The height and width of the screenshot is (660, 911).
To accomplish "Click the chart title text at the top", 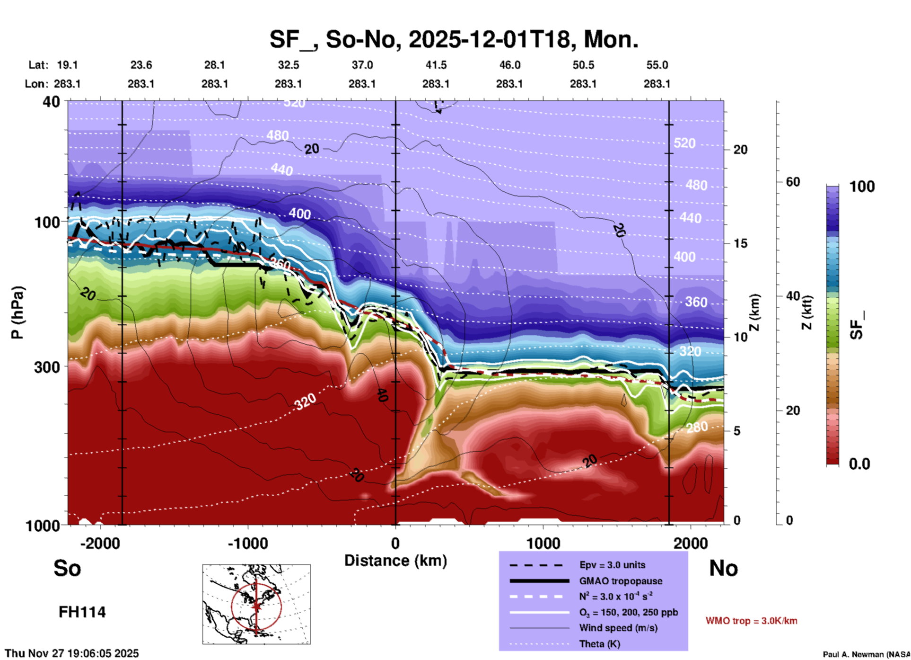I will point(454,39).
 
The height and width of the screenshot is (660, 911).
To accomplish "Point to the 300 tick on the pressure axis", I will point(47,367).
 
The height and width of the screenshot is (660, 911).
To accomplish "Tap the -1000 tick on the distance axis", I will point(248,543).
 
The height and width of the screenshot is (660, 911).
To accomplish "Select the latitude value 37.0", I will point(362,65).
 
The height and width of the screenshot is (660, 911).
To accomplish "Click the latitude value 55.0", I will point(657,65).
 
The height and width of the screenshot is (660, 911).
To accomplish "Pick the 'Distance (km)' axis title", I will point(395,561).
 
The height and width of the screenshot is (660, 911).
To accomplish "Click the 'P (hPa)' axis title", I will point(18,312).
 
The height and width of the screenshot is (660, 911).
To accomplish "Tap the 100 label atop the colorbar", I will point(862,187).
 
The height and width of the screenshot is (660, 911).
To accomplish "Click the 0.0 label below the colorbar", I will point(859,464).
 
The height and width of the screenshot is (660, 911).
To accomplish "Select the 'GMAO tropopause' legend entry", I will point(621,581).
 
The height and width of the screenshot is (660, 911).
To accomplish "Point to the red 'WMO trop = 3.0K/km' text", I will point(751,621).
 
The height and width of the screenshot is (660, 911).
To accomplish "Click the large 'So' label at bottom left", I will point(67,568).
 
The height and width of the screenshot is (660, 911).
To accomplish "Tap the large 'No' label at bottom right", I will point(723,568).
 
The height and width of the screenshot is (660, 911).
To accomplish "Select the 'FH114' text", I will point(82,612).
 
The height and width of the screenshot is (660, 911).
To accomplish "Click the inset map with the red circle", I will point(256,604).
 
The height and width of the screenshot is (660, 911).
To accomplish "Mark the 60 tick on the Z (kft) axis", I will point(793,182).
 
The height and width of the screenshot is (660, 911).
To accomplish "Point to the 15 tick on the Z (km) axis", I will point(740,243).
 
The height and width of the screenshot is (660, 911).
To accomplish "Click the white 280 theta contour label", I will point(697,428).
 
